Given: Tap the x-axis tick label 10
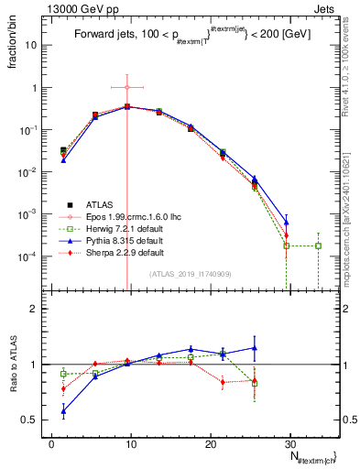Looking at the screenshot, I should [x=131, y=442].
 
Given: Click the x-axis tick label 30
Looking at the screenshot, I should [x=289, y=442].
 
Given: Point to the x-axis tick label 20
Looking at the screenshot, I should [x=210, y=442].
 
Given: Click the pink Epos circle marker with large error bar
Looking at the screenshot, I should [x=127, y=87].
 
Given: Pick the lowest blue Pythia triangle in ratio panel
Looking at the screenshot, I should [x=63, y=411].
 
